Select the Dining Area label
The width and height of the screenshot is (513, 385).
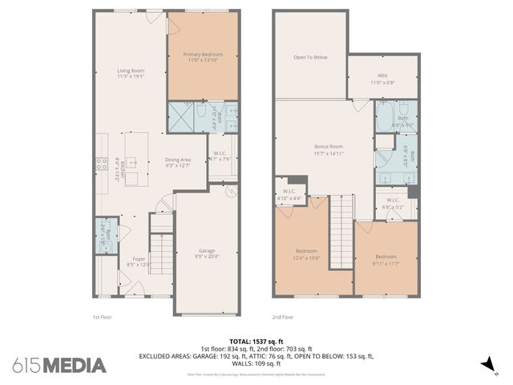(177, 163)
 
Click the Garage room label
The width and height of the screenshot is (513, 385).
(207, 253)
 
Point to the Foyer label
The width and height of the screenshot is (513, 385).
(139, 261)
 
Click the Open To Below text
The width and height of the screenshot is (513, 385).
(310, 57)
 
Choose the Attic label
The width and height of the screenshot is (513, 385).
(382, 79)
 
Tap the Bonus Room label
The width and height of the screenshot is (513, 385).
(328, 150)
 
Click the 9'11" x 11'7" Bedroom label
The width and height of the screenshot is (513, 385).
(386, 259)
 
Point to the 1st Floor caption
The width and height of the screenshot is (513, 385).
(100, 317)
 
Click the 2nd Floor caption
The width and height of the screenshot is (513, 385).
(282, 317)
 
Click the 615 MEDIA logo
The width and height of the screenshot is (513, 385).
(59, 365)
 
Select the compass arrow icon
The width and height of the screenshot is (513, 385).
(483, 365)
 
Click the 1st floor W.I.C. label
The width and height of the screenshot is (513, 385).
(220, 156)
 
